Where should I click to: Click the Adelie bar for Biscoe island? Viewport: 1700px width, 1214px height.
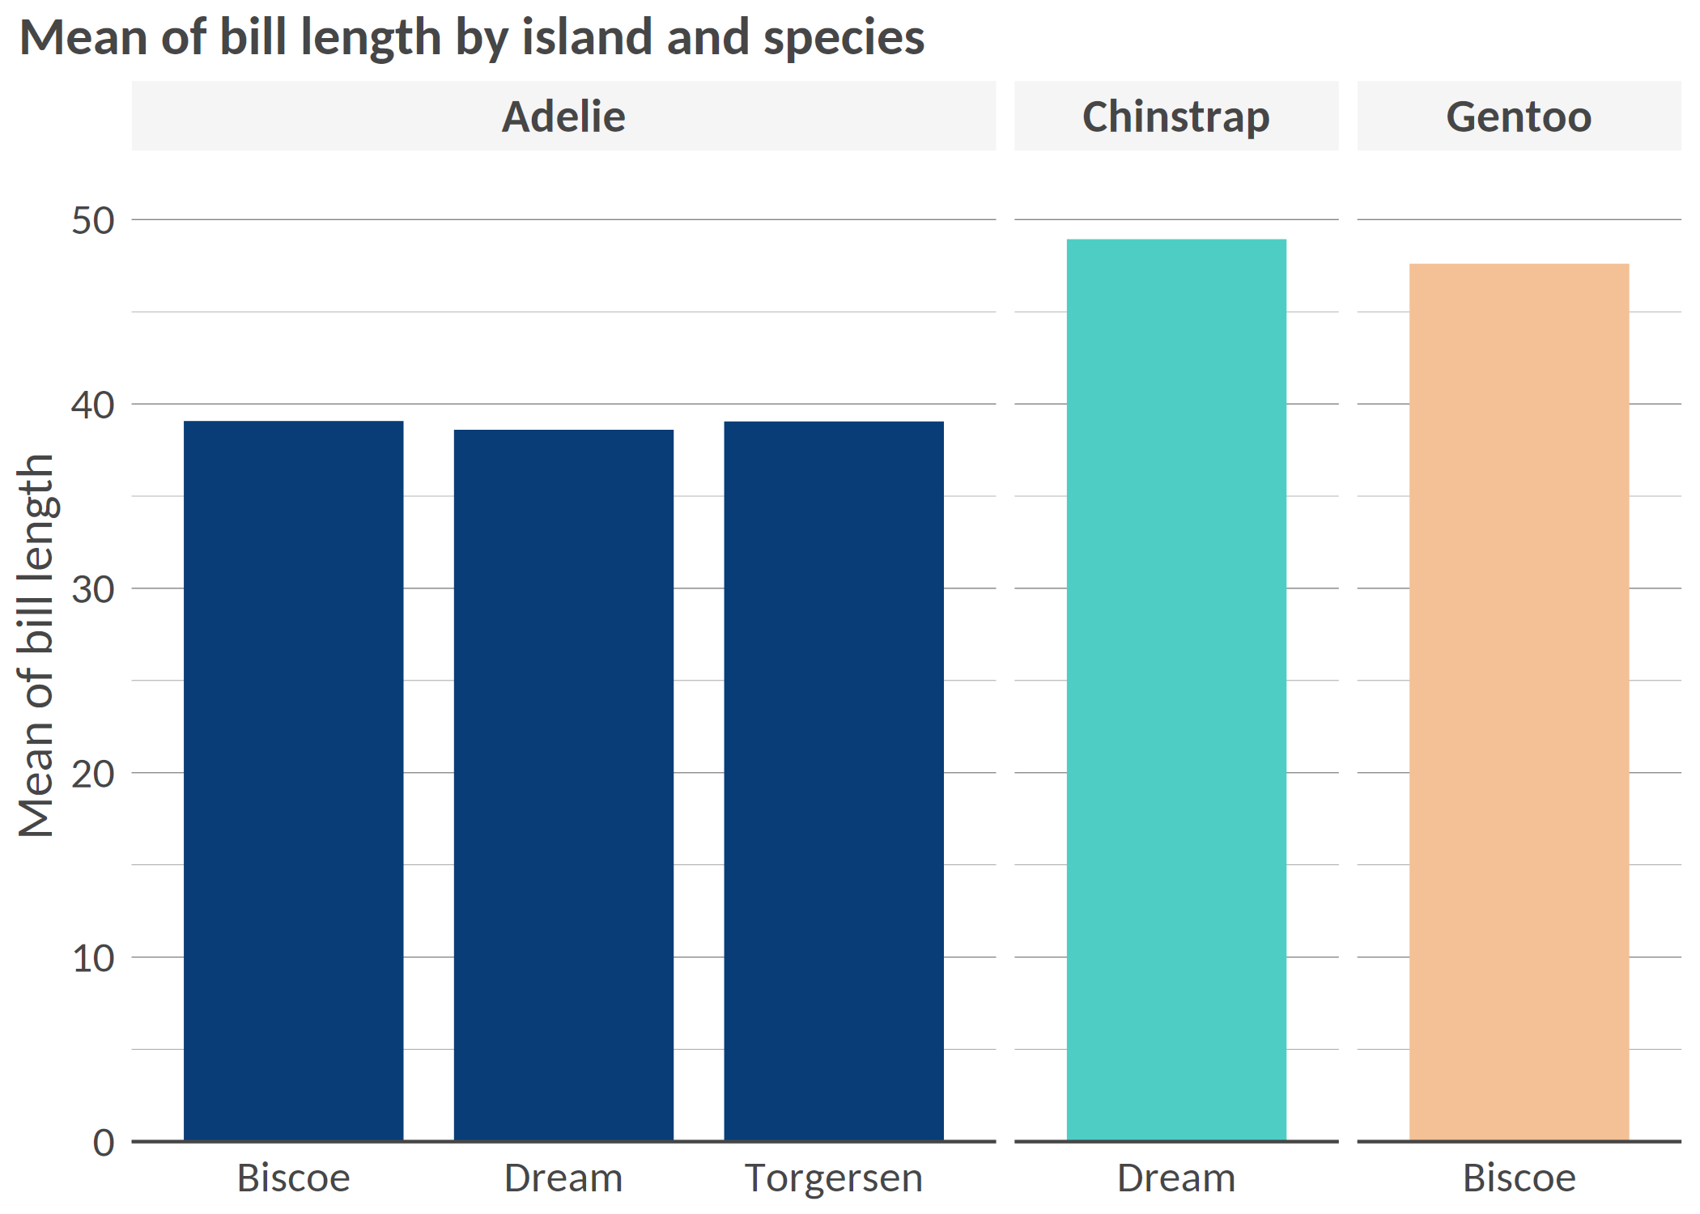pos(293,781)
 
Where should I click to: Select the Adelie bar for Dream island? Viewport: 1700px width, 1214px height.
pos(563,785)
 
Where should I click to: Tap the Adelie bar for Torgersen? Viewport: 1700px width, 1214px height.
pos(834,781)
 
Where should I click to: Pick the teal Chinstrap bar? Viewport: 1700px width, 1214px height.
pos(1176,690)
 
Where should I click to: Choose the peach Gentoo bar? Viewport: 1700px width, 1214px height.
pos(1519,702)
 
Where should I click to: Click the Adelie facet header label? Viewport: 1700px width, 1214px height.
pos(563,117)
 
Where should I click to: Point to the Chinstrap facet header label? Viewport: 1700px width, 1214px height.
pos(1175,117)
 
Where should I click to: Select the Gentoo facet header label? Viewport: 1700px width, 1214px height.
pos(1519,117)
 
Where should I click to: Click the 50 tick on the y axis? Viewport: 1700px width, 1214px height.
pos(93,221)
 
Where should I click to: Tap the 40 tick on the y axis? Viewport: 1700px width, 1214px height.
pos(93,405)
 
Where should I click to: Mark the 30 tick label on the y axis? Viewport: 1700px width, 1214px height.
pos(93,589)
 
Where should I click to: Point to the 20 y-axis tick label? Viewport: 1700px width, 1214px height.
pos(93,774)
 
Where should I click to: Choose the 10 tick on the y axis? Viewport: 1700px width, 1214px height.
pos(93,958)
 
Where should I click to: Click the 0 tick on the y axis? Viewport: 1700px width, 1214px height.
pos(104,1143)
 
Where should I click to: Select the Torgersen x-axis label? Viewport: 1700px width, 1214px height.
pos(834,1178)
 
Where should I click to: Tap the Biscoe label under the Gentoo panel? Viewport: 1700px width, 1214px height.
pos(1519,1178)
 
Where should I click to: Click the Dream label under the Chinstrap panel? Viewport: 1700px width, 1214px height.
pos(1176,1178)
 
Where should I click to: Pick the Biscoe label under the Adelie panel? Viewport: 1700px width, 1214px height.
pos(293,1178)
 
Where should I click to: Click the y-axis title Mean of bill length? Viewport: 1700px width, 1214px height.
pos(36,645)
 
